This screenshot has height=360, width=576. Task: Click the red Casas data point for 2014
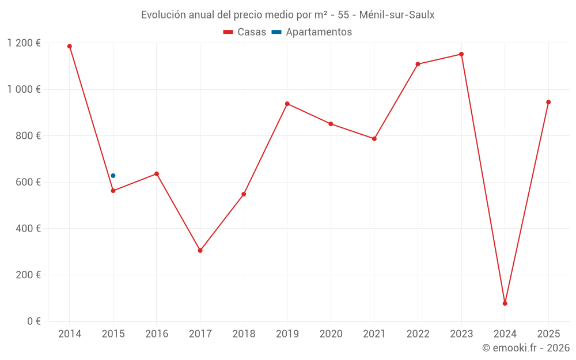pos(70,46)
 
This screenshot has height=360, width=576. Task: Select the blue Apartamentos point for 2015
pos(113,176)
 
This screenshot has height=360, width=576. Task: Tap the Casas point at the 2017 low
pos(200,251)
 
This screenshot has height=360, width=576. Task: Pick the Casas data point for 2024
pos(505,304)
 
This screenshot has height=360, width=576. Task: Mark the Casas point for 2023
pos(461,54)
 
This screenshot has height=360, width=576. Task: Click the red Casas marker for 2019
pos(287,104)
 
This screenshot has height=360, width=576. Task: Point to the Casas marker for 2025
pos(548,102)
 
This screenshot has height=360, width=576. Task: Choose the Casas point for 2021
pos(374,139)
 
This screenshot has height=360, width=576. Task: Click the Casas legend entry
pos(245,32)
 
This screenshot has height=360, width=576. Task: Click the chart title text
pos(287,15)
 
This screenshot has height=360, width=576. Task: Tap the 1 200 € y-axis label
pos(24,43)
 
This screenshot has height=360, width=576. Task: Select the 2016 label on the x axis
pos(157,334)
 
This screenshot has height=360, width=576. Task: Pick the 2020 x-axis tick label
pos(331,334)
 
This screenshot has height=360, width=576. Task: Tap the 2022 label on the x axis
pos(418,334)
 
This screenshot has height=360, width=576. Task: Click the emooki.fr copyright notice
pos(525,348)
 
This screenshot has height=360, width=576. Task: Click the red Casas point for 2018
pos(244,194)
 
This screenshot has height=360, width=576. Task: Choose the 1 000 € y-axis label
pos(24,89)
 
